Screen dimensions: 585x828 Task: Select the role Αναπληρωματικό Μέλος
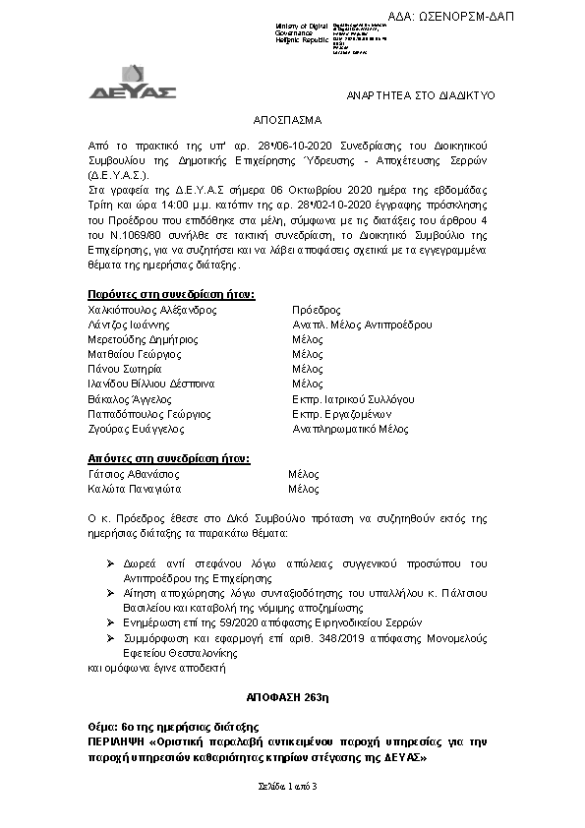click(351, 430)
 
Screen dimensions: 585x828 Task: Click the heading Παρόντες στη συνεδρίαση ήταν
click(171, 294)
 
